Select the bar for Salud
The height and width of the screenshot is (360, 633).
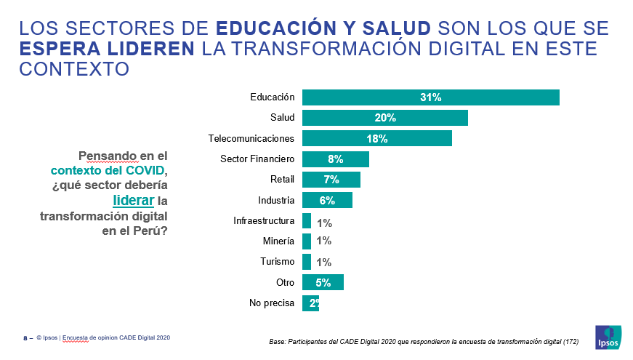click(384, 118)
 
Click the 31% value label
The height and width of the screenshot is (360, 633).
click(430, 97)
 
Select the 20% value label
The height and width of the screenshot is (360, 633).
click(385, 118)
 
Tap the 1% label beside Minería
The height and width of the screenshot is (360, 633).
click(324, 241)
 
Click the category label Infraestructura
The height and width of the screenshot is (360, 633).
click(264, 220)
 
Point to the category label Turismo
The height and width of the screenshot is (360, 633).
click(277, 262)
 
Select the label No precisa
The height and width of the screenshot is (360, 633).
click(271, 303)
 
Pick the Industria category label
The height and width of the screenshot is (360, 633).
click(276, 200)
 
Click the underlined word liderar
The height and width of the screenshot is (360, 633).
click(134, 200)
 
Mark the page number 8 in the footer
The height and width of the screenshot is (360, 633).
click(25, 338)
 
